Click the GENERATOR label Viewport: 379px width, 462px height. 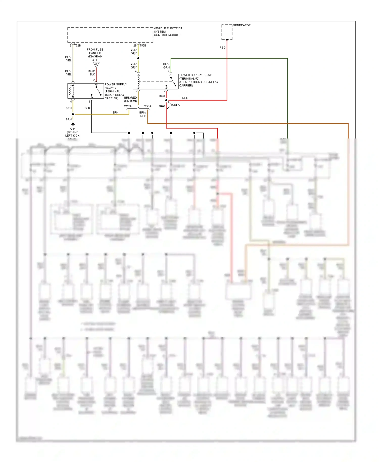242,25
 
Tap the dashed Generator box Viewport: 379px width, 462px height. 227,32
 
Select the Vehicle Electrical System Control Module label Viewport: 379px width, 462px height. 169,32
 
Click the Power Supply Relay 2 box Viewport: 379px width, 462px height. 86,91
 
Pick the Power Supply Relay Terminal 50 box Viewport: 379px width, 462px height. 155,81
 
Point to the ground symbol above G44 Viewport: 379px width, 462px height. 73,124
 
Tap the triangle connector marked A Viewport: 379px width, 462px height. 96,64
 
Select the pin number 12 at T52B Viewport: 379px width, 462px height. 69,45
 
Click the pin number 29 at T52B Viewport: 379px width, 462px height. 135,45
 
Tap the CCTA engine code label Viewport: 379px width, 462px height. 128,106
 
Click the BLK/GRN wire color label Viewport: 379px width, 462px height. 166,66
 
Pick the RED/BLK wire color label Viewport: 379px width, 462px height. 91,73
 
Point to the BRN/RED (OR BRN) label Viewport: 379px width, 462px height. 130,99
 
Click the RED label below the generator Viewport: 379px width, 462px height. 222,48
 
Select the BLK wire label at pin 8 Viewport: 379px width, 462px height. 87,108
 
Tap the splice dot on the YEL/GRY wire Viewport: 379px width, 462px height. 138,58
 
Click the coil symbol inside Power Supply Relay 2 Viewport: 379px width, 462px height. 72,91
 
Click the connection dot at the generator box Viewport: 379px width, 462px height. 227,40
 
